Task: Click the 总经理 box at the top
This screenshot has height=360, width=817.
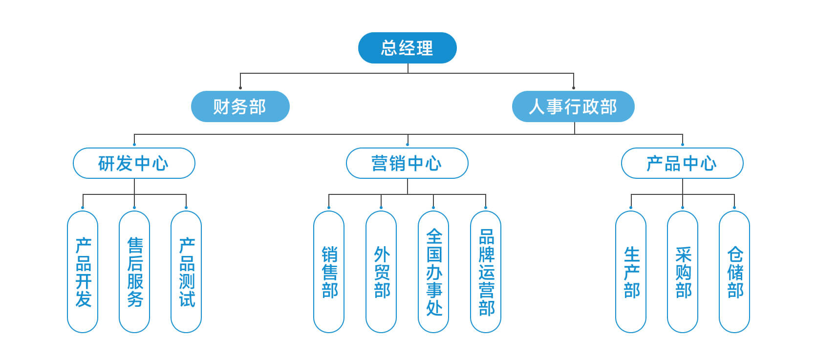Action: point(407,48)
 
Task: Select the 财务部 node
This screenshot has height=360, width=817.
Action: point(240,106)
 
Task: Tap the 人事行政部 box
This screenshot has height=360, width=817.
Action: point(573,106)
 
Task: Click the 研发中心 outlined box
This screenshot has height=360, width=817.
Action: point(134,163)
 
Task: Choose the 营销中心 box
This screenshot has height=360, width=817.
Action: point(407,163)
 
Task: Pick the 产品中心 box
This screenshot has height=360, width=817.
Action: point(682,163)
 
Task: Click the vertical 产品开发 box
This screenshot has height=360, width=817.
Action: point(83,272)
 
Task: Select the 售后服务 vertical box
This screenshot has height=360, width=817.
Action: point(134,272)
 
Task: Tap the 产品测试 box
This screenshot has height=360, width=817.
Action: point(186,272)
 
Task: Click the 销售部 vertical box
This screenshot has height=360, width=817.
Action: point(329,272)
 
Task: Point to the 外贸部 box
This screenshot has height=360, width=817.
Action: point(381,272)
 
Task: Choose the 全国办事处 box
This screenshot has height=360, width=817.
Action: point(433,272)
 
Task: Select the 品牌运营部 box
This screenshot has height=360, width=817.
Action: point(486,272)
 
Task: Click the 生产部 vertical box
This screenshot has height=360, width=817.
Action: point(631,272)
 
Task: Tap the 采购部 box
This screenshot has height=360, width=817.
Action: point(683,272)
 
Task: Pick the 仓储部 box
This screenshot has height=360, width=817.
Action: point(734,272)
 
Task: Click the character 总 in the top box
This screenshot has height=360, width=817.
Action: point(389,48)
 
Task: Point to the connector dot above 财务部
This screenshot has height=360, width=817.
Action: point(240,88)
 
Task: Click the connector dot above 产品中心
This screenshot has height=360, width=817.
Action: point(682,145)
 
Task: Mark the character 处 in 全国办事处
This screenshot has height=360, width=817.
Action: point(434,308)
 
